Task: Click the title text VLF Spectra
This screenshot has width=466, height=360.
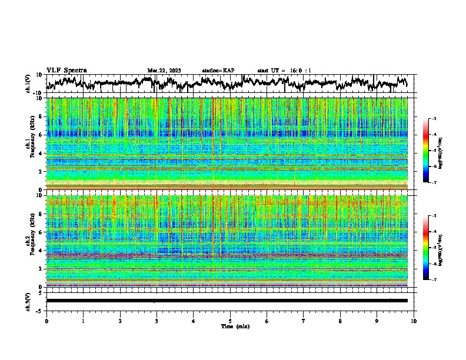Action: pyautogui.click(x=66, y=70)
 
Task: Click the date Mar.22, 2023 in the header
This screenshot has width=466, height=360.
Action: pyautogui.click(x=164, y=71)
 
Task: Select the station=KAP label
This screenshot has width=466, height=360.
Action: pyautogui.click(x=218, y=71)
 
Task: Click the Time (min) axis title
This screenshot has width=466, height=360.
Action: pyautogui.click(x=231, y=326)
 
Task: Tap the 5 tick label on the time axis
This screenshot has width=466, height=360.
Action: pyautogui.click(x=230, y=321)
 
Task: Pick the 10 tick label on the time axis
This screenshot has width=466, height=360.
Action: pyautogui.click(x=414, y=321)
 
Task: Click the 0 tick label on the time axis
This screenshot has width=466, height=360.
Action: pyautogui.click(x=46, y=321)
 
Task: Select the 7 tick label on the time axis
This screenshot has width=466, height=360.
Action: pyautogui.click(x=304, y=321)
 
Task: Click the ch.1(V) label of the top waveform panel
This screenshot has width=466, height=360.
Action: pyautogui.click(x=28, y=84)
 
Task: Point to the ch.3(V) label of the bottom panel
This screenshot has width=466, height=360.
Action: pyautogui.click(x=28, y=301)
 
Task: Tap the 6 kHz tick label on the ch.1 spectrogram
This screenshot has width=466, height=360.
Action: pyautogui.click(x=41, y=135)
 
